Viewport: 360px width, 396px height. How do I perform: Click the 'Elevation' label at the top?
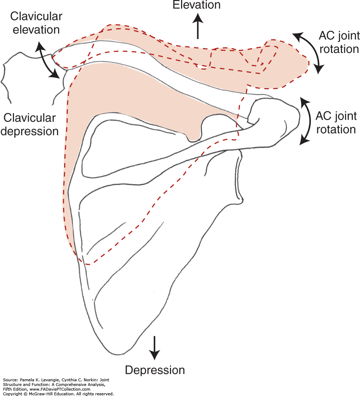196,5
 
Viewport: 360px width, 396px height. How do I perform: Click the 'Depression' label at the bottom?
155,370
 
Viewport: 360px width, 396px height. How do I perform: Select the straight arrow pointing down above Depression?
155,348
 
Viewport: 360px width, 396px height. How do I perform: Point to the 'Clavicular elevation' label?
36,23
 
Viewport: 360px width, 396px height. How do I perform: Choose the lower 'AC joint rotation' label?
336,122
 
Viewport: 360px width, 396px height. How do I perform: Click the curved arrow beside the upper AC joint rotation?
309,53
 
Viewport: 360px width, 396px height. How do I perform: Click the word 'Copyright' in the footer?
11,393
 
